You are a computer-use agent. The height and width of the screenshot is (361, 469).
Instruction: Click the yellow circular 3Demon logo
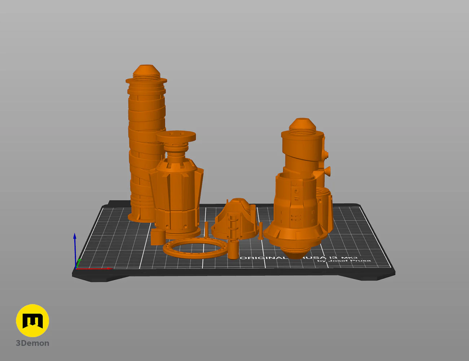pos(32,321)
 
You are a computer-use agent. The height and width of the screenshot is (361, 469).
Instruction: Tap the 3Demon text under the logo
pos(32,343)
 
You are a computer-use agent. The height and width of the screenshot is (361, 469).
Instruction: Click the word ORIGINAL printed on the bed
pos(263,258)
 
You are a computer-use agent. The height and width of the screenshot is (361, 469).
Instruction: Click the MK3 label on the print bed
pos(349,257)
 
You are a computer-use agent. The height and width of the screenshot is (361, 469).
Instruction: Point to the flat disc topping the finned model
pos(176,136)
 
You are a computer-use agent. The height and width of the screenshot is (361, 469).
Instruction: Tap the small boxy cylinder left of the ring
pos(158,237)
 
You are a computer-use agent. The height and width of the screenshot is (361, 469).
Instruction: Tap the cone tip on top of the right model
pos(302,123)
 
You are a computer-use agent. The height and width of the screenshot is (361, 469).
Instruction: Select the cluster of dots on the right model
pos(296,217)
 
